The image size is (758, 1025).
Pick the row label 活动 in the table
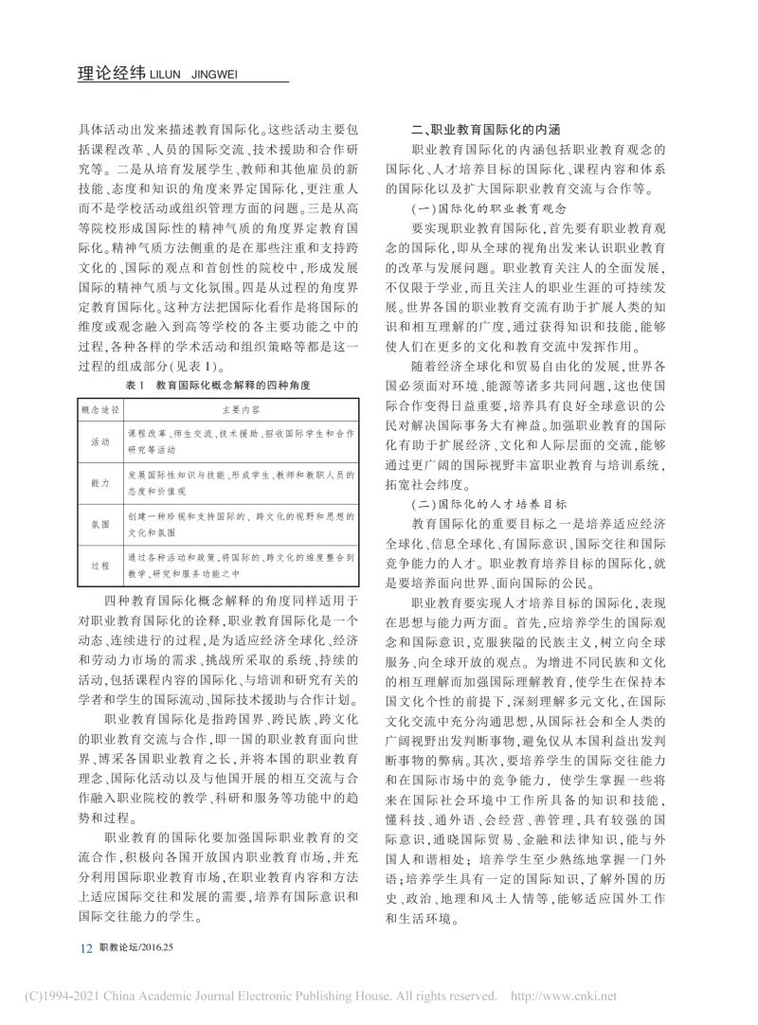(x=99, y=442)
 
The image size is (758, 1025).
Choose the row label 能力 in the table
(x=99, y=483)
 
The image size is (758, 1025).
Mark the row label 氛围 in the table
(x=99, y=525)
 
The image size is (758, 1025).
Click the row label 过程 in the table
(x=99, y=566)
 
